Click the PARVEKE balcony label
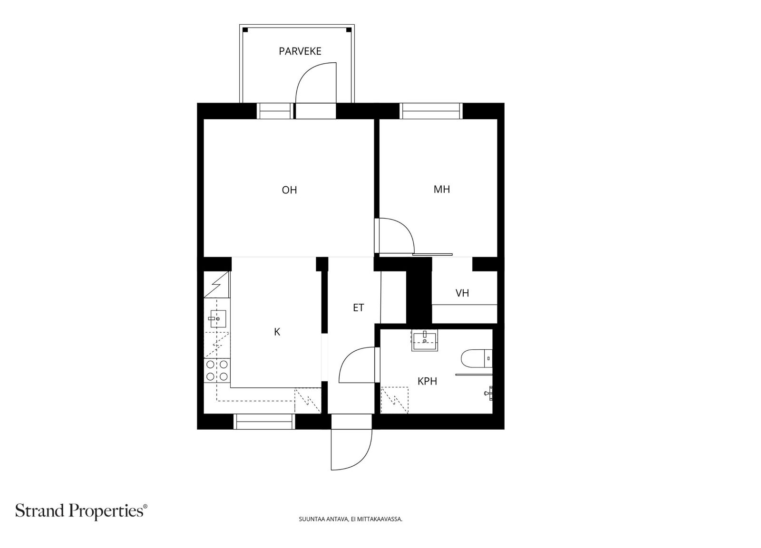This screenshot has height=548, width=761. click(x=300, y=51)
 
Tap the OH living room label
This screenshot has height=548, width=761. click(x=290, y=190)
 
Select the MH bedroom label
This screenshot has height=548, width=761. click(x=442, y=189)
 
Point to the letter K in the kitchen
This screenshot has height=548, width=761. click(x=277, y=332)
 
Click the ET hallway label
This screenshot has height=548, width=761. click(x=359, y=308)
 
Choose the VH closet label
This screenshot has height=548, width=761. click(x=462, y=293)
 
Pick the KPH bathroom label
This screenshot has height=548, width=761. click(x=427, y=381)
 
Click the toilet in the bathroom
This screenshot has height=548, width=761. click(x=476, y=358)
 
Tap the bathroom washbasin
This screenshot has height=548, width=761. click(x=424, y=340)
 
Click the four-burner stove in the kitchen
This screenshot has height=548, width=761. click(x=217, y=370)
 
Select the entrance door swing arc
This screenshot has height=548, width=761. click(x=363, y=459)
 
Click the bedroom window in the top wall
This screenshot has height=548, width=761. click(x=431, y=111)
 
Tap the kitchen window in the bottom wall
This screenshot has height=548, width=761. click(x=264, y=422)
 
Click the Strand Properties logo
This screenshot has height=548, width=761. click(x=81, y=511)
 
